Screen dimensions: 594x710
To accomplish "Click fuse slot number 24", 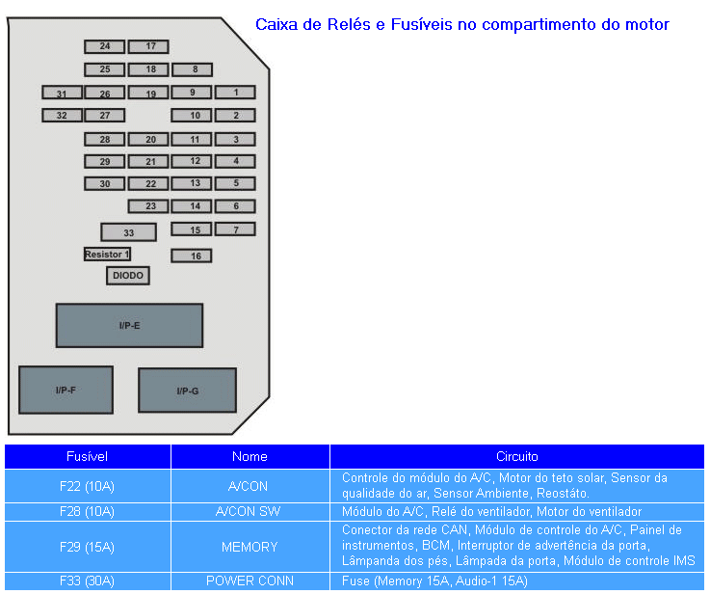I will click(x=104, y=46).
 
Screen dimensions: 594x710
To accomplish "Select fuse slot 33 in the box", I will click(x=128, y=232).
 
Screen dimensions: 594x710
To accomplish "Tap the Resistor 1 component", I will click(x=107, y=255).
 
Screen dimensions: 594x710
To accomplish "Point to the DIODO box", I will click(x=128, y=276).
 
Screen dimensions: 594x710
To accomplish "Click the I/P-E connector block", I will click(x=129, y=326).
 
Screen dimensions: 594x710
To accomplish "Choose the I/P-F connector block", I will click(x=66, y=391).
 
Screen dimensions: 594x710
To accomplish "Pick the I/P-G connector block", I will click(x=187, y=391).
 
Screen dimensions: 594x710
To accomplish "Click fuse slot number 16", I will click(x=192, y=256).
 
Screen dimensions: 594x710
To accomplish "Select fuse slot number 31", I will click(x=62, y=94).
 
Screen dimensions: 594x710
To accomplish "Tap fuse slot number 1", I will click(x=235, y=93).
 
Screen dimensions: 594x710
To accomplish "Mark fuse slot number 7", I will click(x=235, y=229).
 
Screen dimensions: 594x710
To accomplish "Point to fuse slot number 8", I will click(x=193, y=69).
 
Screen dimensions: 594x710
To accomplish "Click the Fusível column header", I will click(x=87, y=456).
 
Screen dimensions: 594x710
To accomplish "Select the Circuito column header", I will click(x=516, y=456).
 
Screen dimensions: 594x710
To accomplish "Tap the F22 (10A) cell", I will click(x=87, y=485).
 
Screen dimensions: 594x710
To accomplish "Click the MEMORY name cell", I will click(x=250, y=547).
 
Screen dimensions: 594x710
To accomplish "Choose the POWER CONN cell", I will click(x=250, y=581).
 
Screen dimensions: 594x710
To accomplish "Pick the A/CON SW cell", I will click(x=250, y=511).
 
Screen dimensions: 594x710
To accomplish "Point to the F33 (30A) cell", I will click(x=87, y=581).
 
